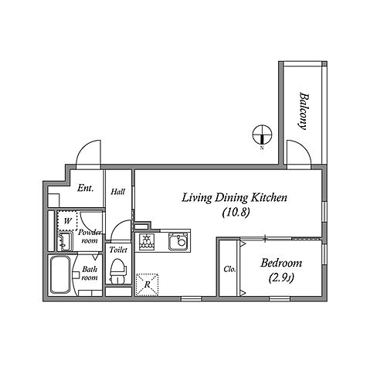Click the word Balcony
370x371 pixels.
tap(304, 111)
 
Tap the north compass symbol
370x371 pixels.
tap(262, 134)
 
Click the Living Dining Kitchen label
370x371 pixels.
tap(234, 199)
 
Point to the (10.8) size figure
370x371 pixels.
tap(236, 213)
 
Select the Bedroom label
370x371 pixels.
tap(281, 264)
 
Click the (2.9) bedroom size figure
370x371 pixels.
tap(281, 278)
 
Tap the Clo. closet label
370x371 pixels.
tap(229, 270)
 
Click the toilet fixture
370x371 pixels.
tap(118, 271)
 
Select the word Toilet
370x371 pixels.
tap(118, 250)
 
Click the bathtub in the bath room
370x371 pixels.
tap(60, 275)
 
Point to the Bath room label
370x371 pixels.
tap(90, 274)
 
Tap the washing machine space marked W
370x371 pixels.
tap(67, 221)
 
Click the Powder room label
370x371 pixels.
tap(90, 237)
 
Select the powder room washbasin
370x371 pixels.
tap(64, 242)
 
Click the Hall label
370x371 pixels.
tap(118, 192)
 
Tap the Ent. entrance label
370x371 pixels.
tap(85, 188)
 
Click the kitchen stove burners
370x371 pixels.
tap(147, 241)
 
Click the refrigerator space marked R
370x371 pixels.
tap(147, 284)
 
